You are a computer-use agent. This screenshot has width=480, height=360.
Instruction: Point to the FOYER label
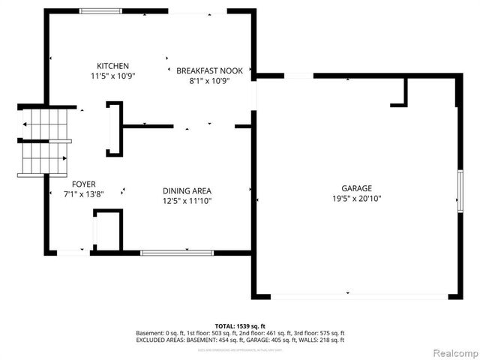pos(83,184)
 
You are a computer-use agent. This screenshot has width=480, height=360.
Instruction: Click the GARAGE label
pos(356,188)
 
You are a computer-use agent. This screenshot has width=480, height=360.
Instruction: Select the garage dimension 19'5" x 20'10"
pos(356,199)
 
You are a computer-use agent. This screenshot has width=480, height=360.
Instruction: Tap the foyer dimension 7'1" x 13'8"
pos(83,193)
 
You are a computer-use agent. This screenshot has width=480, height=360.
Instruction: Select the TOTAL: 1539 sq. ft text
pos(239,326)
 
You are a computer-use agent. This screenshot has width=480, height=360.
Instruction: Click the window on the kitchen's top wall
pos(101,10)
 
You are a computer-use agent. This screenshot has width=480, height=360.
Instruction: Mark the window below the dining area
pos(171,253)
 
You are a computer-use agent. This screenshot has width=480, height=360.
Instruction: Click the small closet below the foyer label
pos(106,231)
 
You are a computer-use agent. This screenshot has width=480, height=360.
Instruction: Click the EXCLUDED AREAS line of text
pos(239,340)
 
